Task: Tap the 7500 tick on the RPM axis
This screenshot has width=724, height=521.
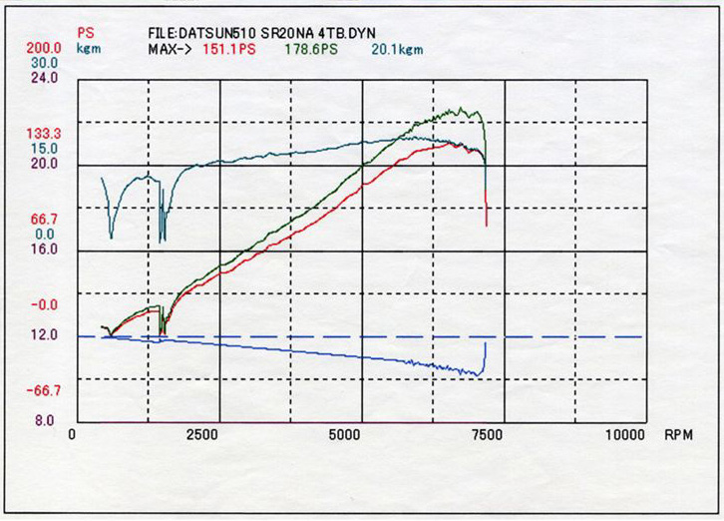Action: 488,436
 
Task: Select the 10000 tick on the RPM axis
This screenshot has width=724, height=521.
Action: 625,436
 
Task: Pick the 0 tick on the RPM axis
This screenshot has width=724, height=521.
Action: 72,436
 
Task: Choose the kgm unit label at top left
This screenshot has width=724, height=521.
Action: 88,47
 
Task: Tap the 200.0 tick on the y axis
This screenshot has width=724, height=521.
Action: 43,47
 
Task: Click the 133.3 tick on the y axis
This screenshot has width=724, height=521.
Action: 43,133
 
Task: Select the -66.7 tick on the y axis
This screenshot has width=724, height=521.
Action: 43,390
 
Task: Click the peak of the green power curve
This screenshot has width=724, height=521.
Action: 461,109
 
